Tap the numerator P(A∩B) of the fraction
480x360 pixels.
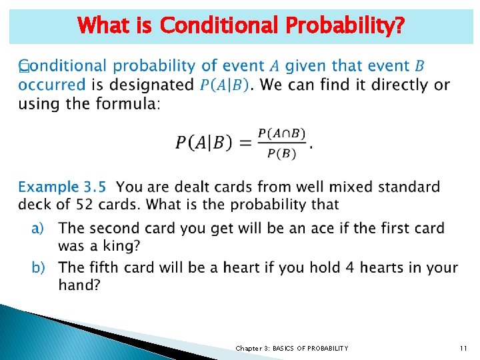[282, 133]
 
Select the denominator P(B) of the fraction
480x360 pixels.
[282, 153]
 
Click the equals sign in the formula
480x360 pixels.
[247, 143]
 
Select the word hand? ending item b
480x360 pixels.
[79, 285]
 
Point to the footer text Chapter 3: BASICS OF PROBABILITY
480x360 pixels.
[291, 348]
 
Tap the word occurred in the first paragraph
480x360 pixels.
[51, 85]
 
